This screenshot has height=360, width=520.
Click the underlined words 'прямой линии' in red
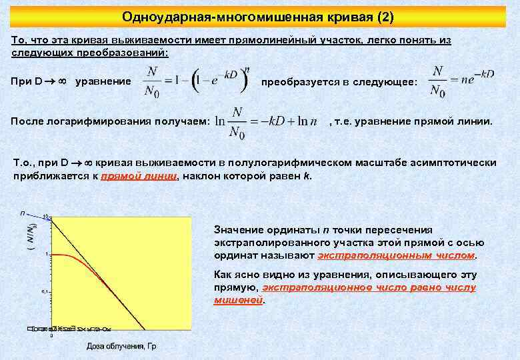click(x=139, y=176)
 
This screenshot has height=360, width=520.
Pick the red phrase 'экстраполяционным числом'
click(x=397, y=255)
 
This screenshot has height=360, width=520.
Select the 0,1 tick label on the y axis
click(x=45, y=291)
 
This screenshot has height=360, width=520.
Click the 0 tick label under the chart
click(x=52, y=335)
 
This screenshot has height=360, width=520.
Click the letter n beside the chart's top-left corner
click(x=23, y=213)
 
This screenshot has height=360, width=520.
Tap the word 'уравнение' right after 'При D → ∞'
click(x=103, y=82)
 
